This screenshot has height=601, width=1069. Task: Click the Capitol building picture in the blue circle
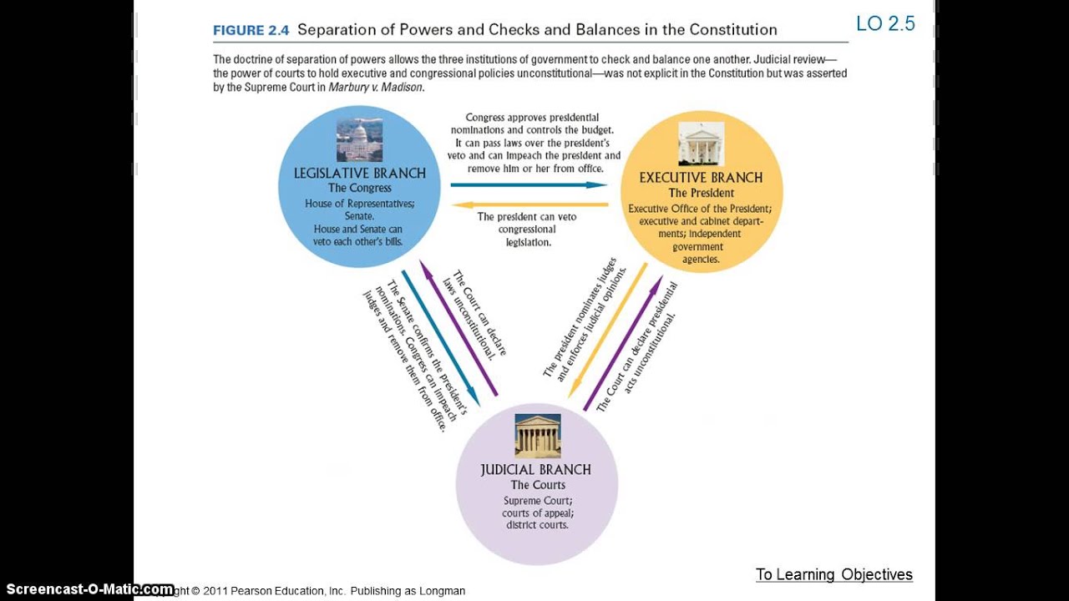(359, 139)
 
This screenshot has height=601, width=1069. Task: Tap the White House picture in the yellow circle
(701, 144)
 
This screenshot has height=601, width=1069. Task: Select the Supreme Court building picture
(537, 436)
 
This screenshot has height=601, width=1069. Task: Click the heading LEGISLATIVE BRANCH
(359, 174)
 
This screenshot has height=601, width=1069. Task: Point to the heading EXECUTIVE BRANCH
(701, 178)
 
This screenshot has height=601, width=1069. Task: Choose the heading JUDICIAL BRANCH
(535, 470)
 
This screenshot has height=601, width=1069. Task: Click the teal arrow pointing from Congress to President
(529, 184)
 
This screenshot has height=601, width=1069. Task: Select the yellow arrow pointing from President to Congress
(529, 204)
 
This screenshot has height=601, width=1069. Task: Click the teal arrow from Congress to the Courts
(440, 338)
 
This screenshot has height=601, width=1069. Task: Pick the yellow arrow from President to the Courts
(607, 331)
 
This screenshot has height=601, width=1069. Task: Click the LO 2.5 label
(885, 23)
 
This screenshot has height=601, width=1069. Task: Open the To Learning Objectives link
(833, 574)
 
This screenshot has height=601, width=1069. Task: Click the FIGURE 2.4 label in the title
(251, 30)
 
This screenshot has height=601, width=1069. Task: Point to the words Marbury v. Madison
(376, 87)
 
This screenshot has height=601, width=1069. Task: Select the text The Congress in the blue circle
(359, 189)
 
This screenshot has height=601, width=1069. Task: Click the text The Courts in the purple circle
(537, 485)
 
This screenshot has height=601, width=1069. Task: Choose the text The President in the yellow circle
(701, 193)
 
